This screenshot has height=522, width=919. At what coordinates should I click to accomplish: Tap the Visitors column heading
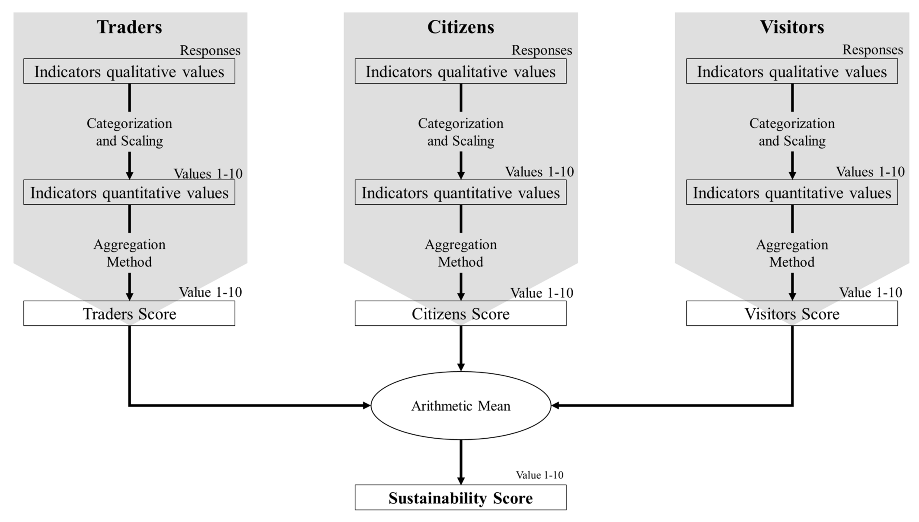click(x=792, y=27)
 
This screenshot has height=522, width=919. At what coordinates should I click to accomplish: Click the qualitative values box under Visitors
click(x=792, y=71)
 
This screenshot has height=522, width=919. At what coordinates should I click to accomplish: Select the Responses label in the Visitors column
click(x=872, y=50)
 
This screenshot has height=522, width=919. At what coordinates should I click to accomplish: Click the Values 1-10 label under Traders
click(x=208, y=173)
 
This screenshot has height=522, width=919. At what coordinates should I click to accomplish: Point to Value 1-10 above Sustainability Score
click(x=539, y=475)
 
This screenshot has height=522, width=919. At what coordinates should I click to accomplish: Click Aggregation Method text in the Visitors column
click(x=792, y=253)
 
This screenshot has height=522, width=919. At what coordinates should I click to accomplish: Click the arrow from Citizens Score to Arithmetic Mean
click(x=461, y=348)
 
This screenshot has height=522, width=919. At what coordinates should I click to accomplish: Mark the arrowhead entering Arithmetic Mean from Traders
click(x=366, y=406)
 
